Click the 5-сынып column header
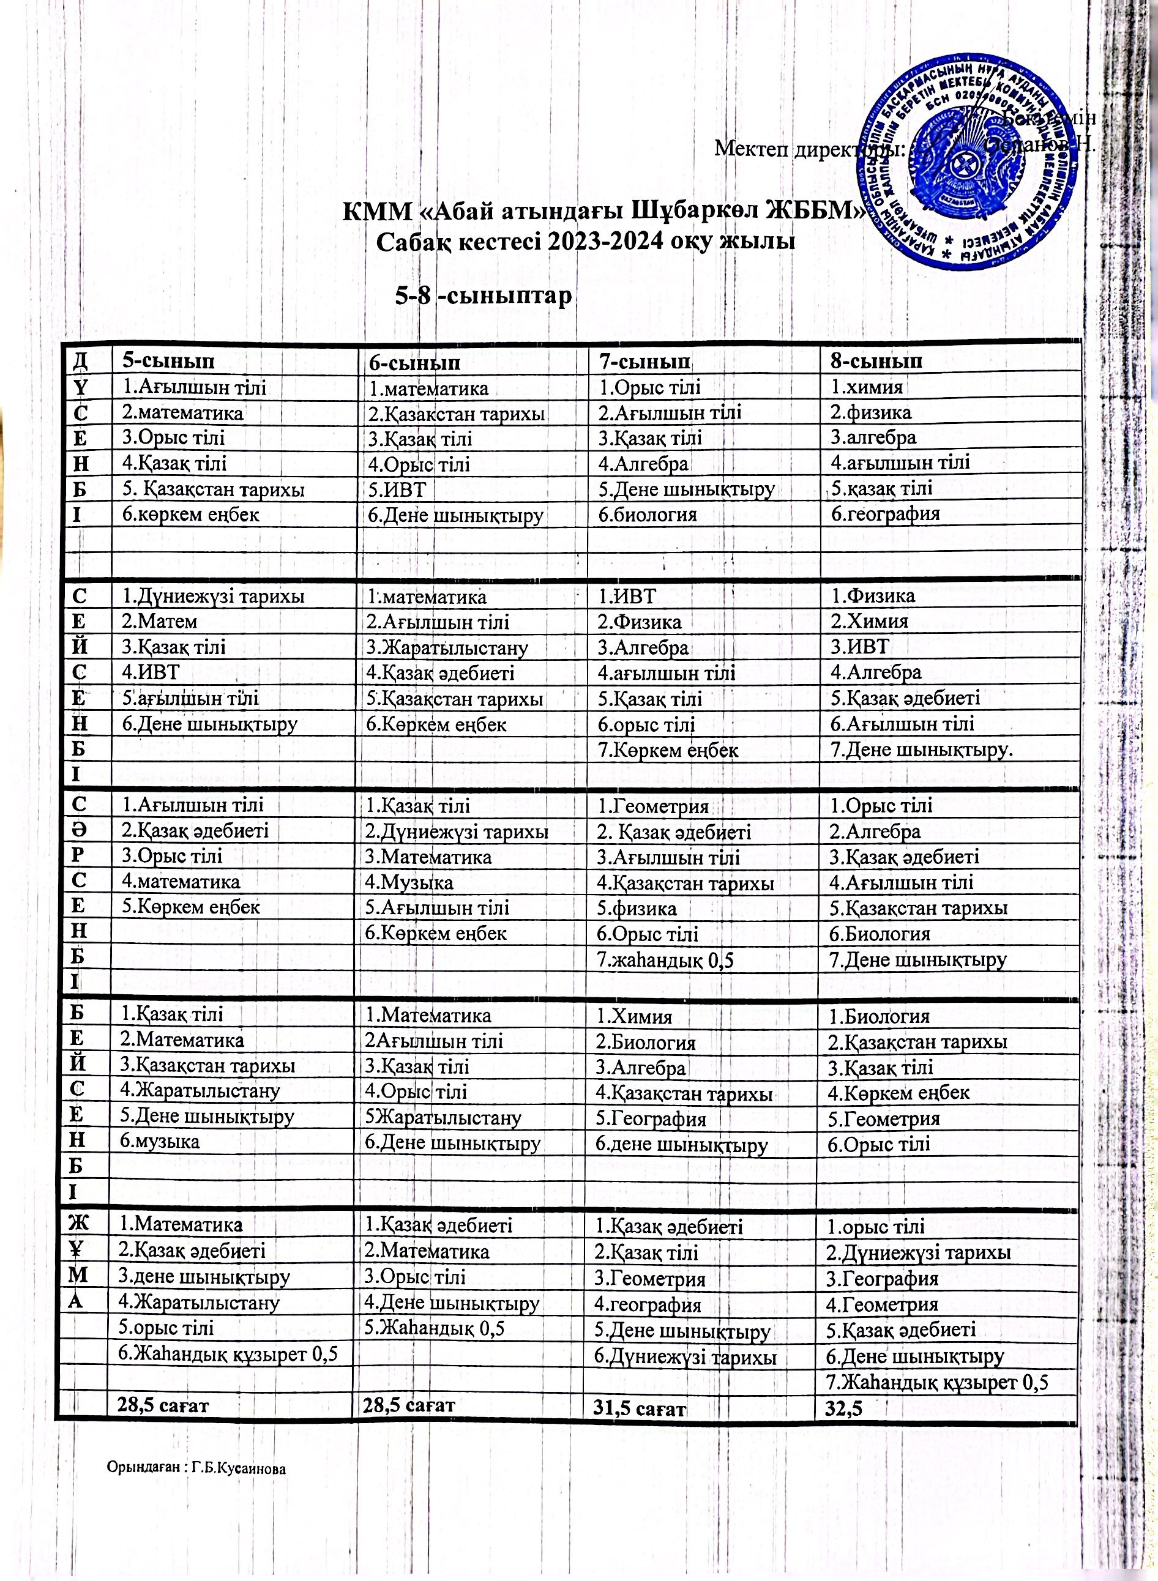(168, 361)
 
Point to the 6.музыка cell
(160, 1141)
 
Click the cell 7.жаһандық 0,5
(665, 959)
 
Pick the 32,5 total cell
(844, 1408)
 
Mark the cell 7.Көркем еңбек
(668, 750)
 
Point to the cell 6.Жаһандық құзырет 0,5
(228, 1354)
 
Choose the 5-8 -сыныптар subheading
(484, 296)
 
